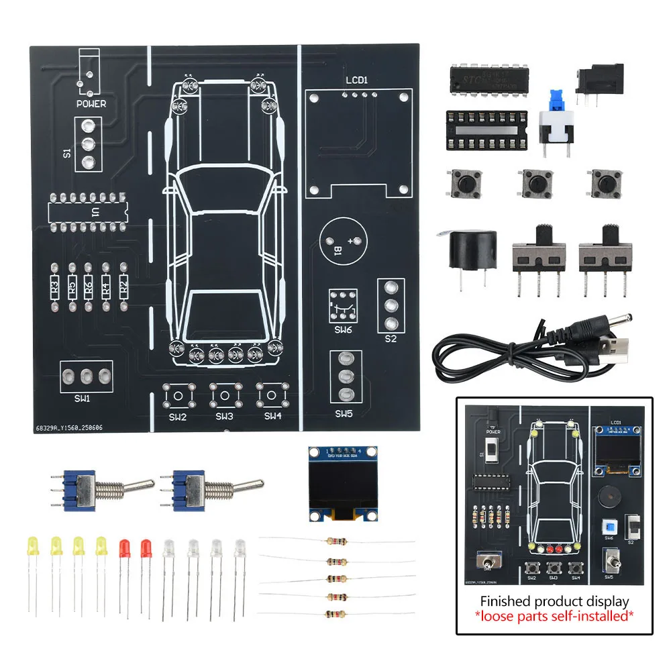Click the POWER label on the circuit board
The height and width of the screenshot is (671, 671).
pos(91,104)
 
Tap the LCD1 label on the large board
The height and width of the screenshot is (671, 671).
pos(357,81)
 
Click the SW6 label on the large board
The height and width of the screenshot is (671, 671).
pos(342,330)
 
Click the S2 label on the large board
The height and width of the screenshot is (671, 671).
pos(391,339)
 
